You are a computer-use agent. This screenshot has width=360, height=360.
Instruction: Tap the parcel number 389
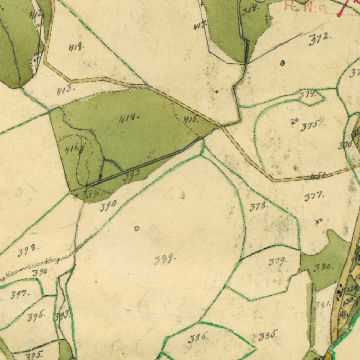tap(165, 260)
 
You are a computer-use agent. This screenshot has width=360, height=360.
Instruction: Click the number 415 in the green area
tap(191, 120)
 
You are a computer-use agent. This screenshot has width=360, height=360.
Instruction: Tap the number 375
tap(310, 126)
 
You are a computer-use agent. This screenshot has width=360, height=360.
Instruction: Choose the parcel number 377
tap(314, 197)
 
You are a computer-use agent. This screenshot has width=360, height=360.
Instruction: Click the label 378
tap(258, 207)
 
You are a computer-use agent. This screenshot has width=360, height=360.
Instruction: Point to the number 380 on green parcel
tap(323, 267)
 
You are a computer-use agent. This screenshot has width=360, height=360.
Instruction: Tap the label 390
tap(109, 206)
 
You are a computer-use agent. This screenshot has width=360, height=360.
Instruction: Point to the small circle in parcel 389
tap(137, 229)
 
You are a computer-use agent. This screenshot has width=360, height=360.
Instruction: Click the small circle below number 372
tap(283, 63)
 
